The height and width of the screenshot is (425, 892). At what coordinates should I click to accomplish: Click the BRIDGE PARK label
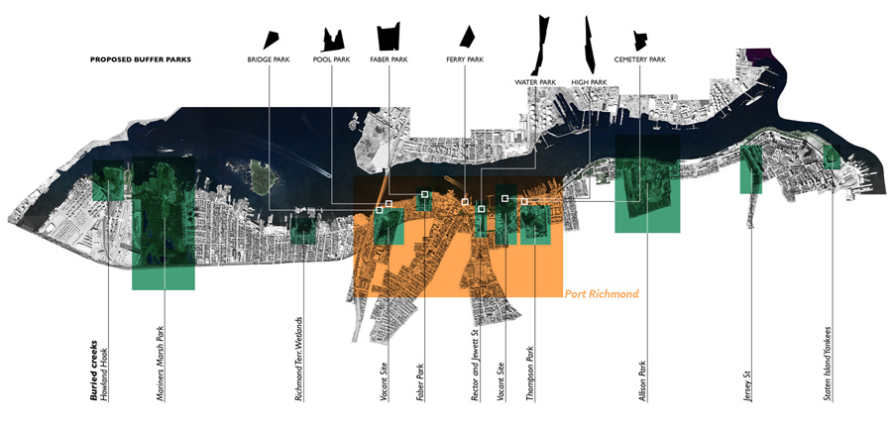pyautogui.click(x=267, y=60)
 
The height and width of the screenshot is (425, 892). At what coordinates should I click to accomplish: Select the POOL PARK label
pyautogui.click(x=331, y=60)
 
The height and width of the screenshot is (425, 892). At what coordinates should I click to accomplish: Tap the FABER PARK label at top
pyautogui.click(x=390, y=60)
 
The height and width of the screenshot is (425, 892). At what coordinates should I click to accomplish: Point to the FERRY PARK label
pyautogui.click(x=465, y=60)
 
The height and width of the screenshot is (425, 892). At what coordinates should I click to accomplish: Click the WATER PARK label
pyautogui.click(x=535, y=81)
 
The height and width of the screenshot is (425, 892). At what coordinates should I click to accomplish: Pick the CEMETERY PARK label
pyautogui.click(x=639, y=60)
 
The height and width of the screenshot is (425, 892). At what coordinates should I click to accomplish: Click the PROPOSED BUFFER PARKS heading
pyautogui.click(x=141, y=60)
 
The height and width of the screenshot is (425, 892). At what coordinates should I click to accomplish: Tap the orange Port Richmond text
pyautogui.click(x=601, y=294)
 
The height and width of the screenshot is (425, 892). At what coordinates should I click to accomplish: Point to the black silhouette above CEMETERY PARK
pyautogui.click(x=639, y=40)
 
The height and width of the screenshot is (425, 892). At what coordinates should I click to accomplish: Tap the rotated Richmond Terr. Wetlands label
pyautogui.click(x=299, y=359)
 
